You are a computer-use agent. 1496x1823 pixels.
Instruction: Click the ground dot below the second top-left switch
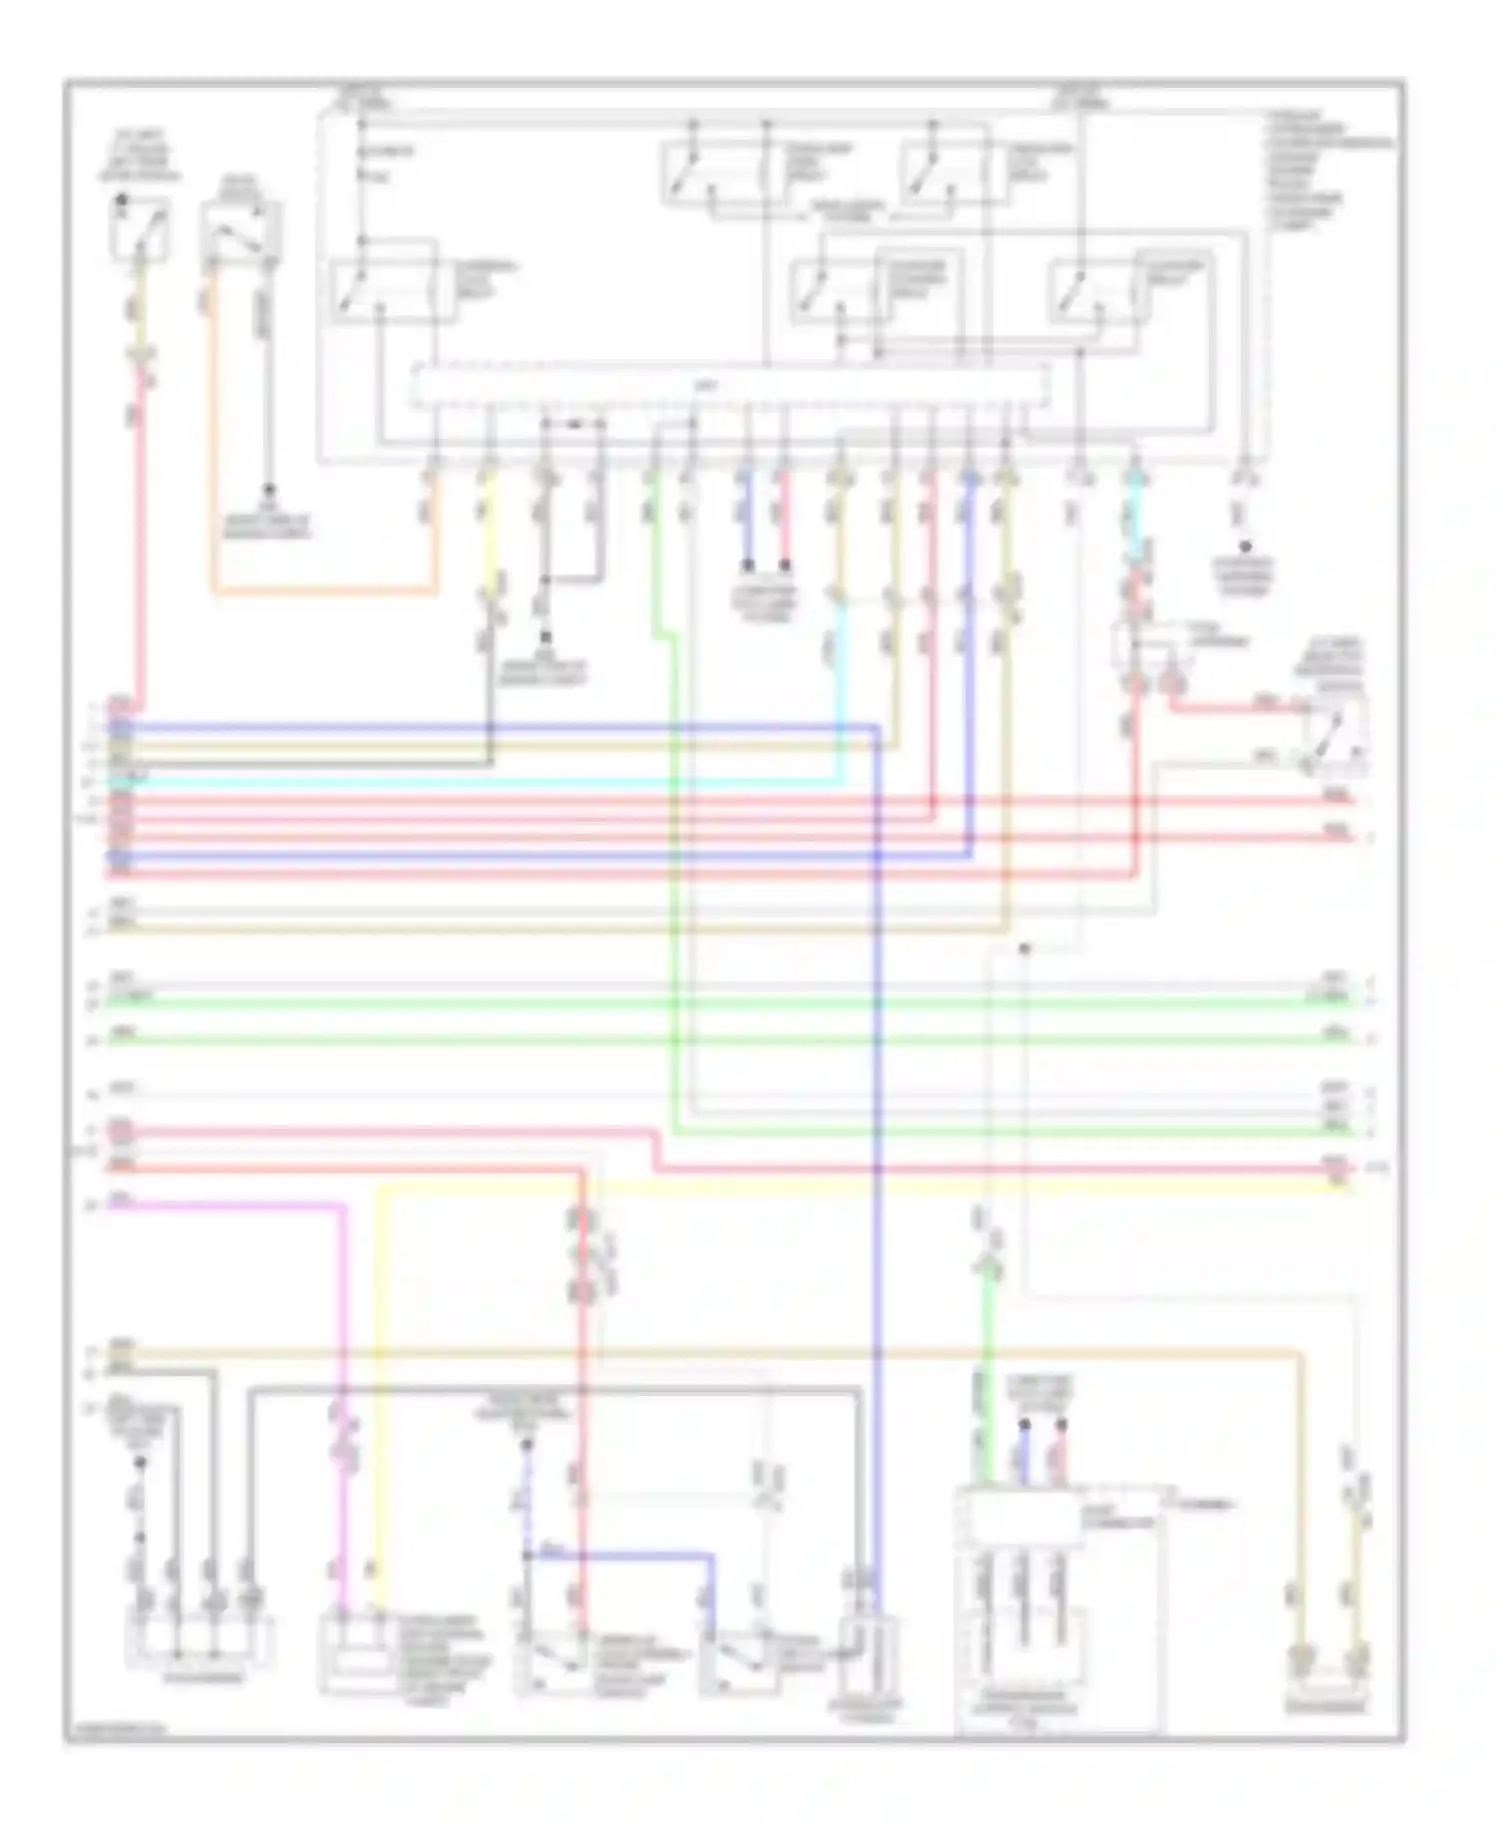coord(267,491)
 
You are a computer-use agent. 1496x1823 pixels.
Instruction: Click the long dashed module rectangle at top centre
coord(730,386)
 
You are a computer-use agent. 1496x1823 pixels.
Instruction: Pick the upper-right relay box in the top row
coord(947,173)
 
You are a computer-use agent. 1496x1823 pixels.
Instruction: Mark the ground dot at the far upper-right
coord(1244,547)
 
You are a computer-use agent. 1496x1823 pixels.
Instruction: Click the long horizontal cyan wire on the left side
coord(479,783)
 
